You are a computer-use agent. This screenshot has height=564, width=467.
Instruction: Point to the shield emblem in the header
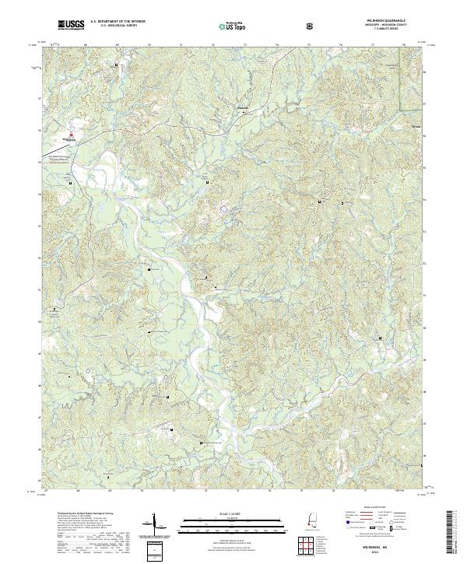(x=311, y=26)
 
